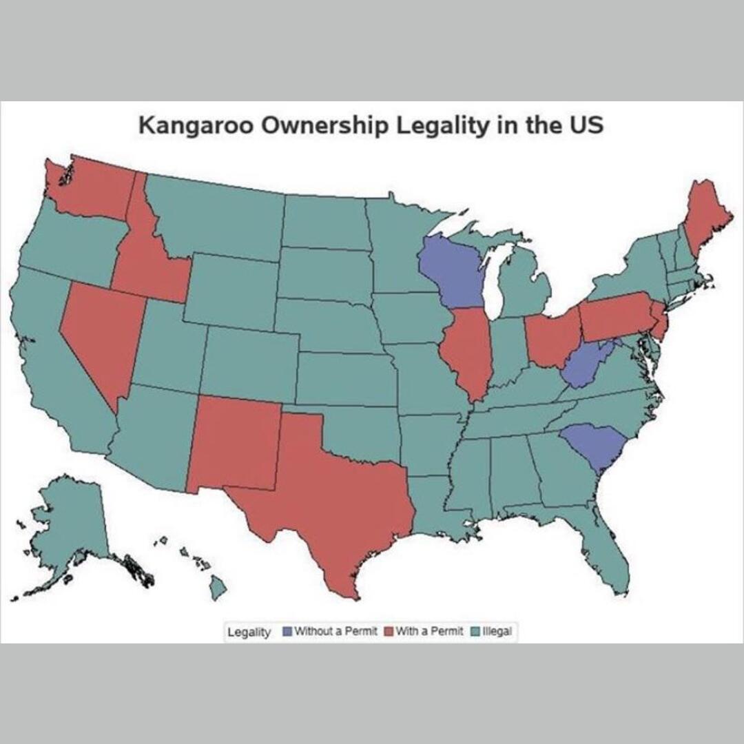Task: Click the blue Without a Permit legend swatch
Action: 287,631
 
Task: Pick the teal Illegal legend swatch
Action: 475,631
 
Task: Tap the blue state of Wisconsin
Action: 451,272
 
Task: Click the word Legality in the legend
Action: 249,632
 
